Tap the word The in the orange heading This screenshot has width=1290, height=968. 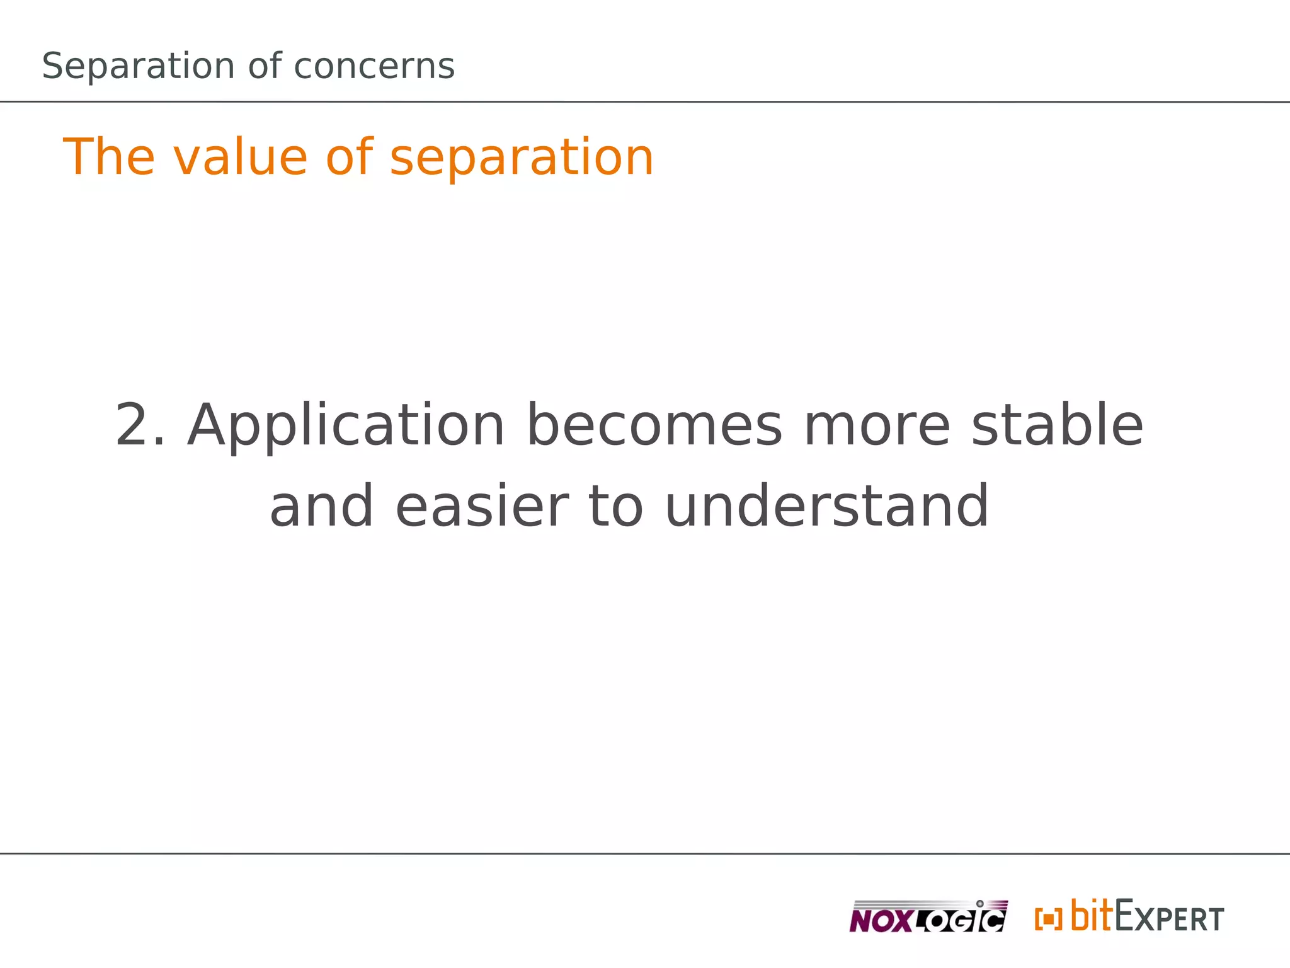point(109,157)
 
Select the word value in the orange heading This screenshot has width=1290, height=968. point(239,157)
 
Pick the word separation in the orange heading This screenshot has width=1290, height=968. point(522,158)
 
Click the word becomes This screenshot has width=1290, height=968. point(654,426)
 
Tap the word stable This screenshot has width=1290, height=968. point(1057,426)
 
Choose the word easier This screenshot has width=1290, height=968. point(482,507)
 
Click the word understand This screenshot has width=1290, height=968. point(826,507)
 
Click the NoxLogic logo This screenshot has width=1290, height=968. point(928,917)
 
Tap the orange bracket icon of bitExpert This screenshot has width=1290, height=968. point(1048,919)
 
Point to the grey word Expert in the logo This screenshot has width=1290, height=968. point(1169,918)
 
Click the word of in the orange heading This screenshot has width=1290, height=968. point(348,157)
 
